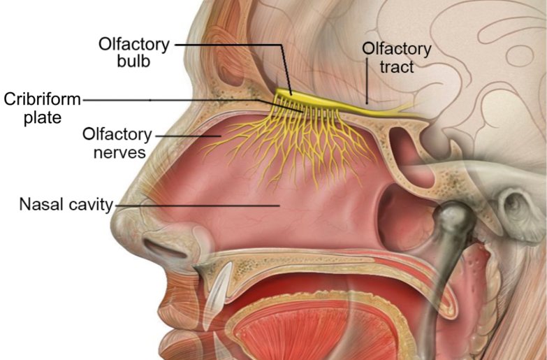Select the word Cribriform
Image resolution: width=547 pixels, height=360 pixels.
[x=42, y=100]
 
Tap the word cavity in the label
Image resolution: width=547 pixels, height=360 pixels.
[x=89, y=205]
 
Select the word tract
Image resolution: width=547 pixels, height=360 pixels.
[x=397, y=67]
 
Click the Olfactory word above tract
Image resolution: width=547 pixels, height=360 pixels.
[x=397, y=50]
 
